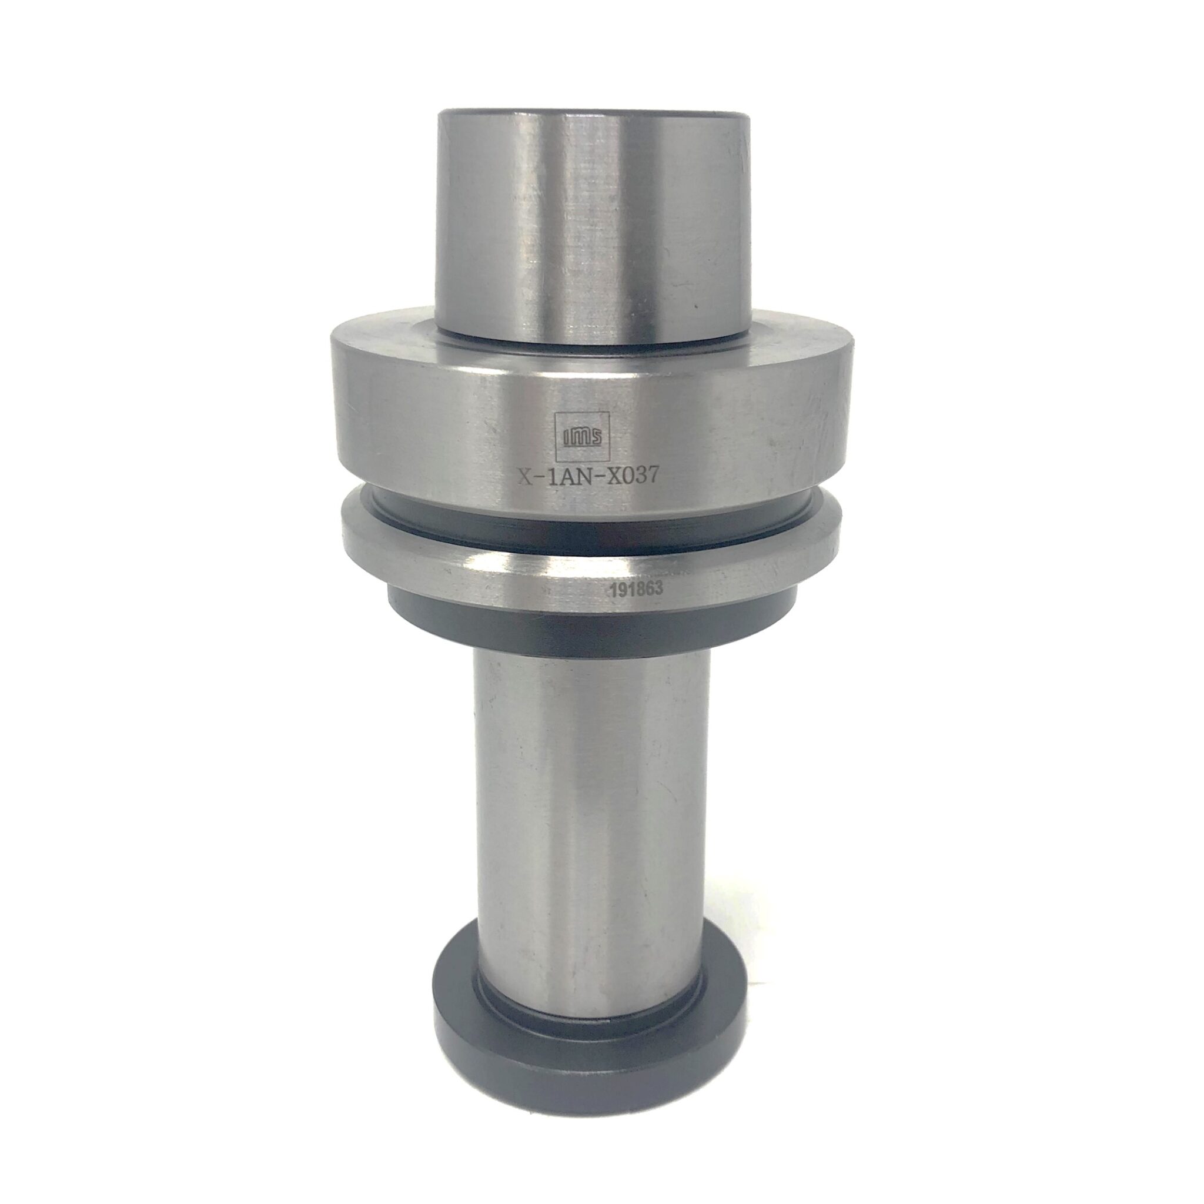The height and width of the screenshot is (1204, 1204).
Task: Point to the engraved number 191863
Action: coord(637,588)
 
